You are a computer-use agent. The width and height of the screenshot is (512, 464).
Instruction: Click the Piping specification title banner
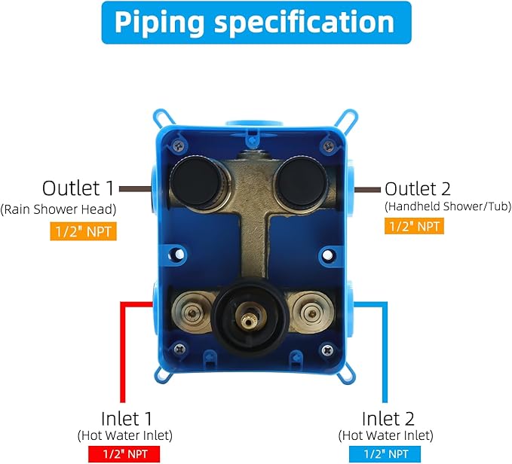[x=256, y=23]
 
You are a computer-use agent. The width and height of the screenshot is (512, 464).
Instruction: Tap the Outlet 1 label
[x=78, y=188]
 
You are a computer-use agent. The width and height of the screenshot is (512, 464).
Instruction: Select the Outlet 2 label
[x=418, y=189]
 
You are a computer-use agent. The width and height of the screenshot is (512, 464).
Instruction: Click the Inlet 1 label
[x=127, y=418]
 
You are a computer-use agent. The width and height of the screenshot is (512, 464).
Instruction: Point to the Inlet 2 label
[x=388, y=418]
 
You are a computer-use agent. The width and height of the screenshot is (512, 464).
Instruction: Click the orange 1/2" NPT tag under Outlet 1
[x=83, y=231]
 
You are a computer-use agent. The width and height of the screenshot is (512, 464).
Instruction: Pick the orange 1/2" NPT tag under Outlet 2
[x=414, y=226]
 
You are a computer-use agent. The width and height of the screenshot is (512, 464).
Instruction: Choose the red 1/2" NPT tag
[x=124, y=454]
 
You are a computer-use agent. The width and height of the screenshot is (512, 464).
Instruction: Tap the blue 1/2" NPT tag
[x=385, y=454]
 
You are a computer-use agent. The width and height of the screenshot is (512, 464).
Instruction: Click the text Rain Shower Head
[x=59, y=209]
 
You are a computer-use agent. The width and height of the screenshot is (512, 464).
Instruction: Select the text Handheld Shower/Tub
[x=448, y=206]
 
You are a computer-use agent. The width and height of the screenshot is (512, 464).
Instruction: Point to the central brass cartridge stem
[x=250, y=318]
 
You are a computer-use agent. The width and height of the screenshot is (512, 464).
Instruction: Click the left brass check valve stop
[x=192, y=313]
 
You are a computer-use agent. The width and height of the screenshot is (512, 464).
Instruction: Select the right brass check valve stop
[x=312, y=313]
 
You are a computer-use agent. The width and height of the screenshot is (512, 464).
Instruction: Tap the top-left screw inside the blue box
[x=178, y=145]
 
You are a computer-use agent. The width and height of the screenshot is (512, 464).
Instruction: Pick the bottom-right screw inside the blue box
[x=327, y=350]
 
